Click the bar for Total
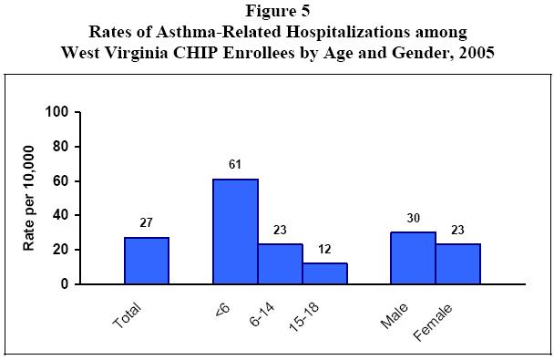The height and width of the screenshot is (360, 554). click(x=146, y=261)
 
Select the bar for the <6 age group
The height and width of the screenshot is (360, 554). click(x=235, y=231)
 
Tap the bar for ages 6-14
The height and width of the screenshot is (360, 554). click(x=280, y=264)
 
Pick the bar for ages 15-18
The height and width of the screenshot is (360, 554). click(x=324, y=273)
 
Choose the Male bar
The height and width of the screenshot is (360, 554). click(x=413, y=258)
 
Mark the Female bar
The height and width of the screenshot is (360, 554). click(x=457, y=264)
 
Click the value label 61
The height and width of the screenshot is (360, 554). click(x=235, y=166)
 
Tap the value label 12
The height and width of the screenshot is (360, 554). click(x=324, y=250)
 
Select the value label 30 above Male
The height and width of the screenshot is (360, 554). click(x=413, y=219)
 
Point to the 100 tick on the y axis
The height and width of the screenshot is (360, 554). click(x=58, y=112)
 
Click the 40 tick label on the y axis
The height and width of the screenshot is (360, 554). click(x=62, y=215)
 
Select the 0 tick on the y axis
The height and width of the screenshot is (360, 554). click(x=66, y=284)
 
